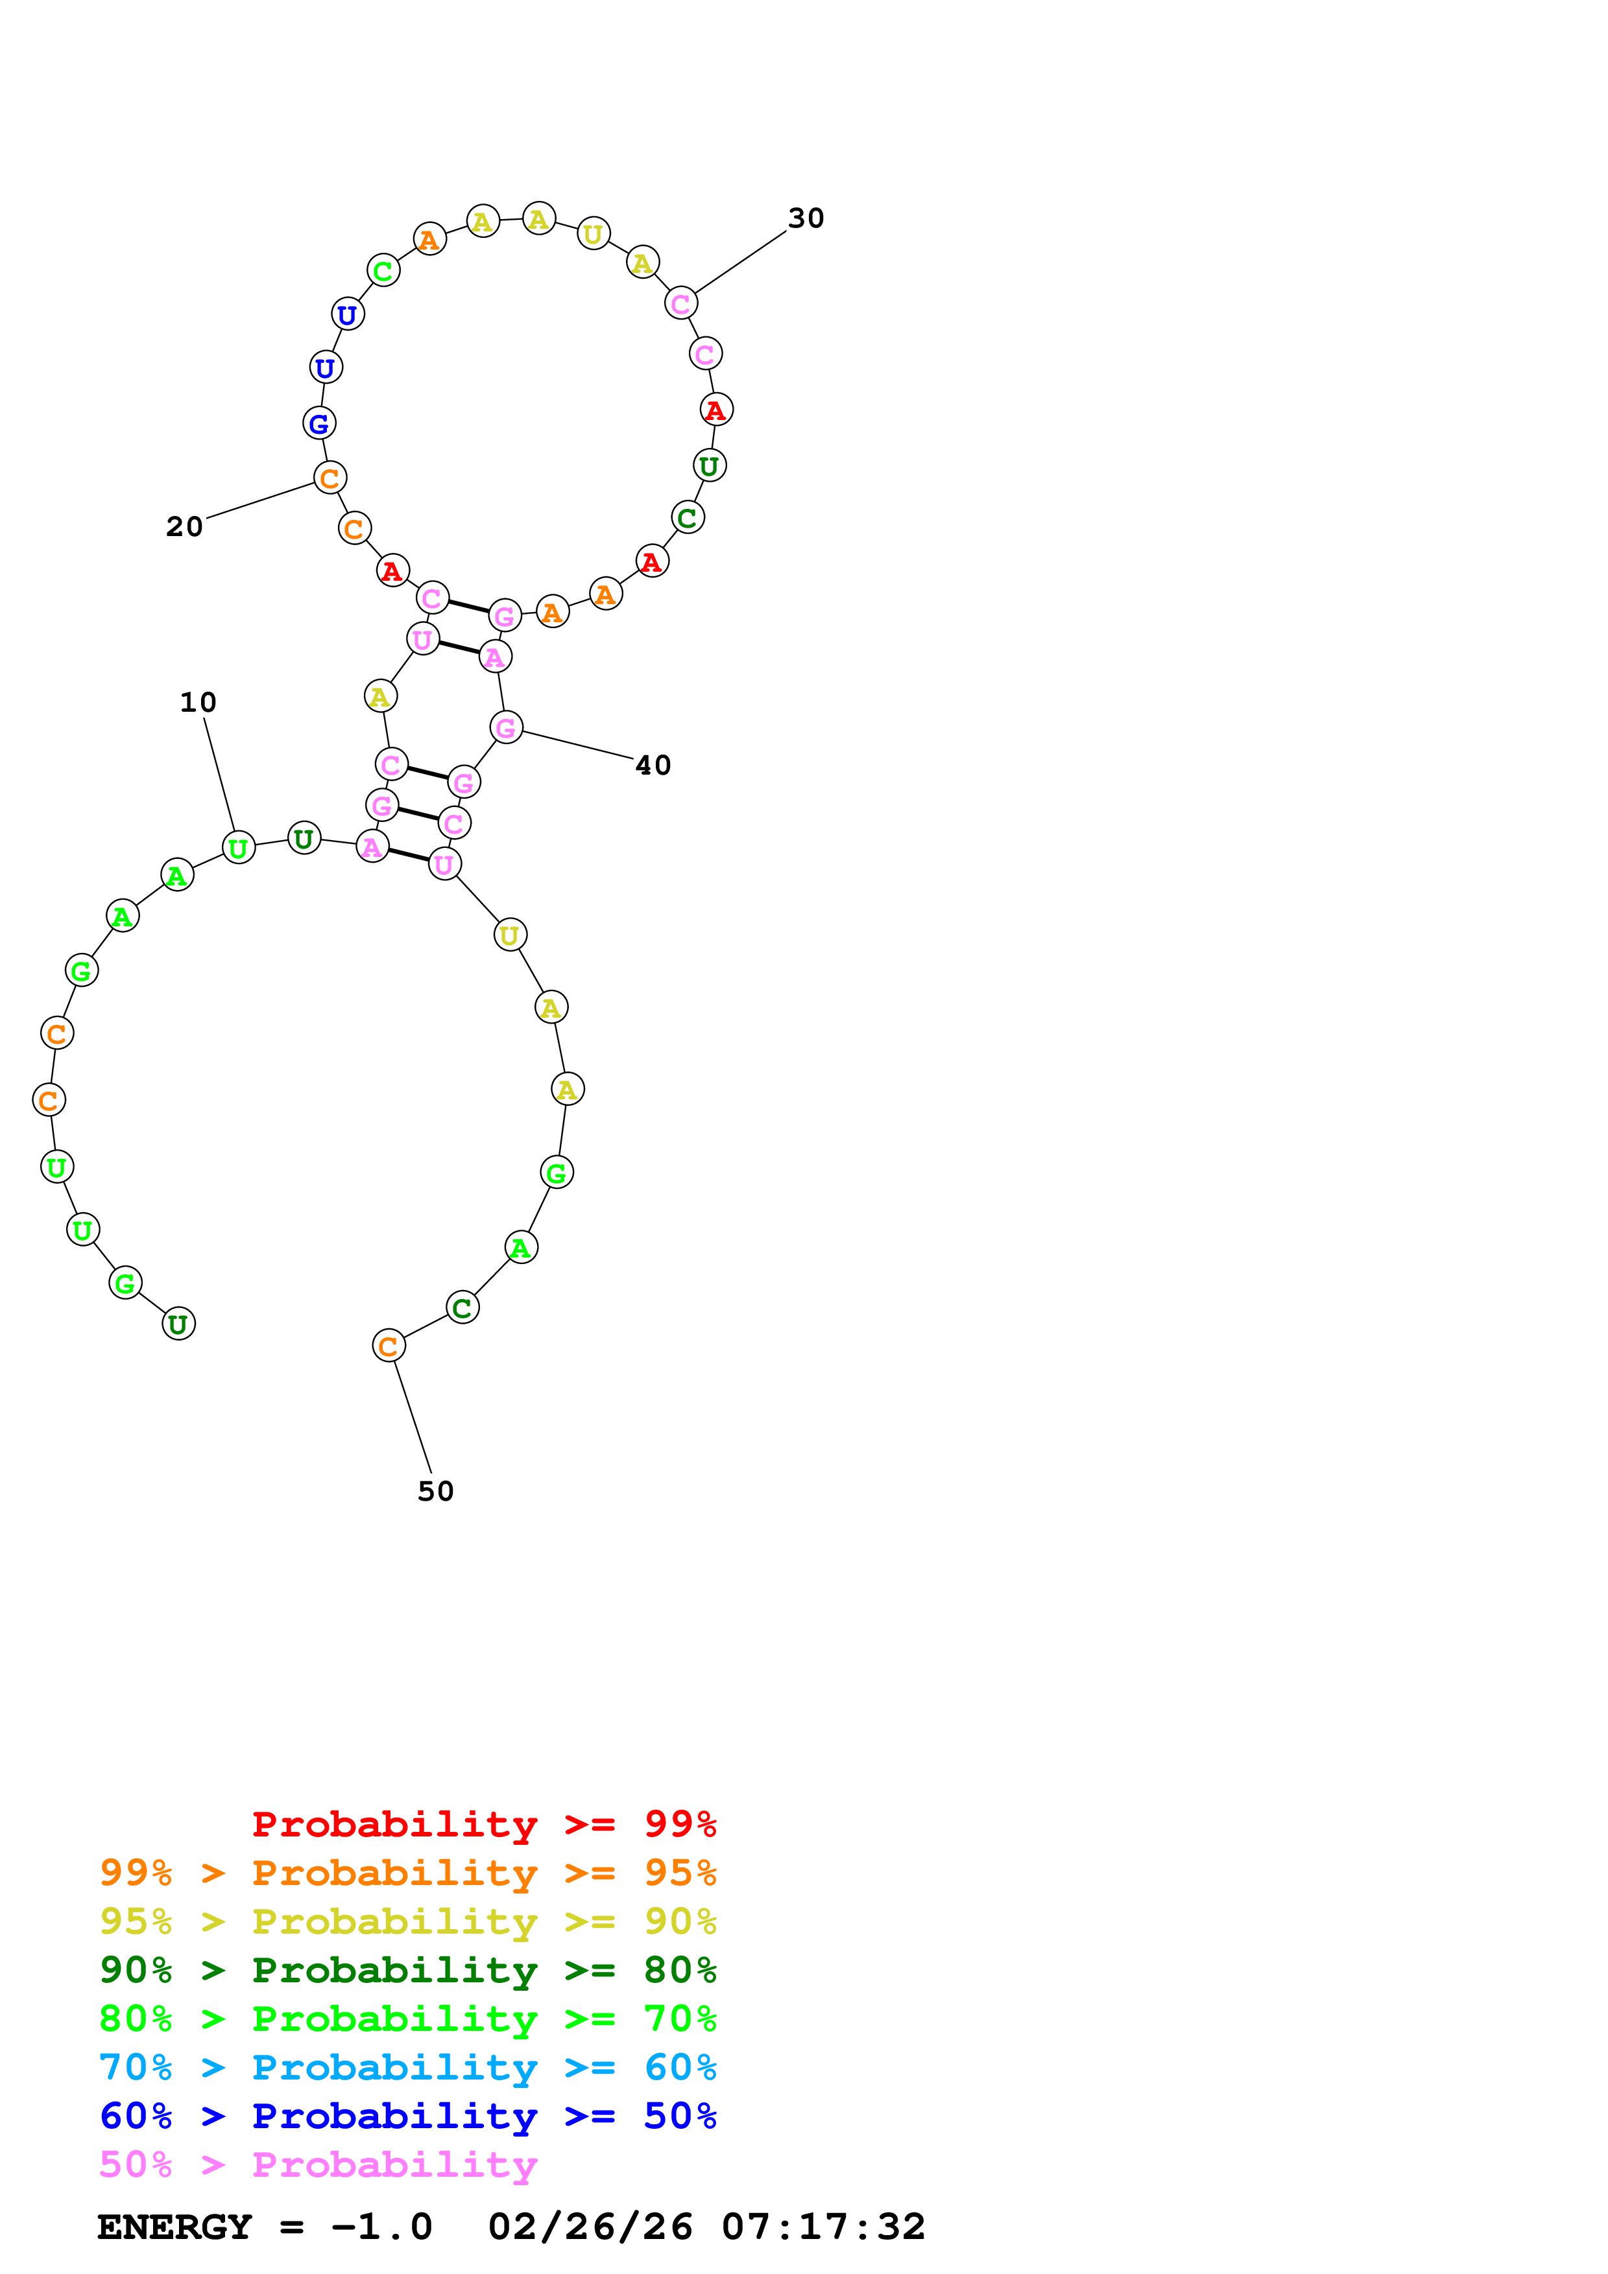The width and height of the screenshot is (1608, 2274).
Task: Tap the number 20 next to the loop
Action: pos(184,527)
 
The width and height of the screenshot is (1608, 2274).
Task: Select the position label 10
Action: pos(198,702)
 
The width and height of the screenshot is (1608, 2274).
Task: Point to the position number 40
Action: pos(653,766)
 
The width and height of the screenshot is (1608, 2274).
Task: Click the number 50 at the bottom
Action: pos(435,1492)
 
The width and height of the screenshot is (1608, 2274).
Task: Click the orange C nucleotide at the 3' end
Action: pos(389,1346)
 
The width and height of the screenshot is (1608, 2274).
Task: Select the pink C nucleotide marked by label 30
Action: pos(680,303)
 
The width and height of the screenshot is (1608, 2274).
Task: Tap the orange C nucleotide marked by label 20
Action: pos(330,477)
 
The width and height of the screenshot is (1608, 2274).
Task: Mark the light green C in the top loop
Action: pos(383,270)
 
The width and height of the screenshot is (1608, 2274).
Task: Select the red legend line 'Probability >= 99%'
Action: pos(483,1824)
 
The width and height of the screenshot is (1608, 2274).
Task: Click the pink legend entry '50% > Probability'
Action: pos(317,2165)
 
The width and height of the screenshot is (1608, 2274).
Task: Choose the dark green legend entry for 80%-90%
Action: pos(407,1970)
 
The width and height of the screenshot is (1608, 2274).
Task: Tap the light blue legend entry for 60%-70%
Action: pos(407,2067)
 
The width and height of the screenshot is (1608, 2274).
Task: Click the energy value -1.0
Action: pos(381,2227)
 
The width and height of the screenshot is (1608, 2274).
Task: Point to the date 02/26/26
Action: pos(590,2227)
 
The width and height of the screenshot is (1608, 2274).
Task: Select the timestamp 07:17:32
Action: pos(823,2227)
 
